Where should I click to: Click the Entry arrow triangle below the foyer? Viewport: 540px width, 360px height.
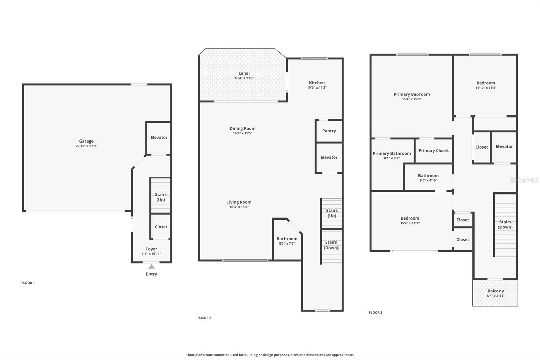(x=151, y=267)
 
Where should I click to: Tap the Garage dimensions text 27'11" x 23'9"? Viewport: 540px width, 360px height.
(x=86, y=146)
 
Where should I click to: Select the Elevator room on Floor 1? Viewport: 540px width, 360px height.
(x=159, y=138)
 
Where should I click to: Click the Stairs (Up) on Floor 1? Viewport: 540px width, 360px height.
(x=160, y=197)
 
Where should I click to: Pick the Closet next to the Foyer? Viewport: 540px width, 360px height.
(x=161, y=227)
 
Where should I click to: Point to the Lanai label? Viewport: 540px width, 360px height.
(x=244, y=73)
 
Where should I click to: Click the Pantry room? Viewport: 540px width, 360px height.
(x=329, y=131)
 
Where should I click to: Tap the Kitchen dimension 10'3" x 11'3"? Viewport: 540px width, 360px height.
(x=317, y=88)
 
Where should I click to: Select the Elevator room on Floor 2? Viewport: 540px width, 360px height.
(x=329, y=157)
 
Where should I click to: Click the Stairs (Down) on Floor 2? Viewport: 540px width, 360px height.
(x=331, y=245)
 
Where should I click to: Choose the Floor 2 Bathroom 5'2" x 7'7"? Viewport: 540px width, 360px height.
(x=287, y=241)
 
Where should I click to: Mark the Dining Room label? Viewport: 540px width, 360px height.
(x=242, y=128)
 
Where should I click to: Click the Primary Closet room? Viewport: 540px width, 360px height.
(x=433, y=151)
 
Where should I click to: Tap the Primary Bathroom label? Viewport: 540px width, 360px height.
(x=391, y=153)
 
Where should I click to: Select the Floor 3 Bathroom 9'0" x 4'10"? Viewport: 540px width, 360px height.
(x=428, y=178)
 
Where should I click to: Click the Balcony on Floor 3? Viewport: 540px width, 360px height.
(x=495, y=293)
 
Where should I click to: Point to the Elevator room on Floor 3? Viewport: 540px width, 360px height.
(x=504, y=147)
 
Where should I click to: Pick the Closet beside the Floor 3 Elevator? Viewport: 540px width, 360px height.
(x=481, y=147)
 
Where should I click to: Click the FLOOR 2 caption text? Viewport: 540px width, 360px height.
(x=204, y=318)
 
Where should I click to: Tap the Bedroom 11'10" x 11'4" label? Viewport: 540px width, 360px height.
(x=486, y=83)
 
